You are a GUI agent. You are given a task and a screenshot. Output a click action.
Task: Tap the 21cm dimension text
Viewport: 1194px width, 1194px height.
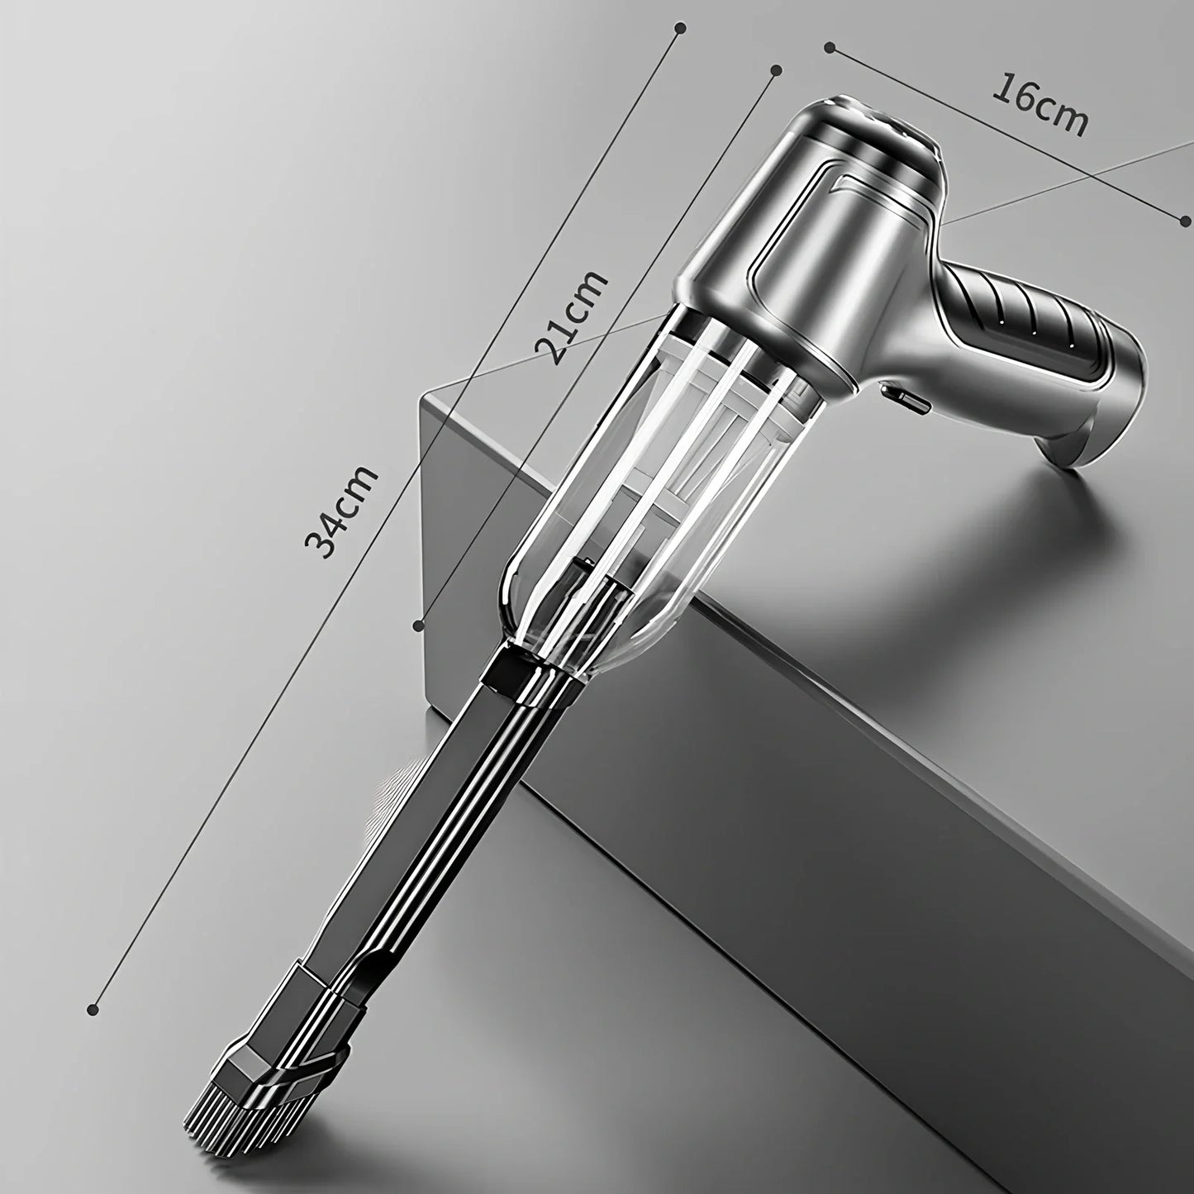coord(571,317)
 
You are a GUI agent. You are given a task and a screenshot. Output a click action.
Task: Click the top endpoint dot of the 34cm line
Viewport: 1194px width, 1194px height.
coord(680,28)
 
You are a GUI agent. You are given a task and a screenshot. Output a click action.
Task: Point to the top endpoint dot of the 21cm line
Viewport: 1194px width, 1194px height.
coord(775,69)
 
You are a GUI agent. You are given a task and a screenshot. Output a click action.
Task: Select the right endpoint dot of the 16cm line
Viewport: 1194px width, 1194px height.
coord(1186,221)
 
